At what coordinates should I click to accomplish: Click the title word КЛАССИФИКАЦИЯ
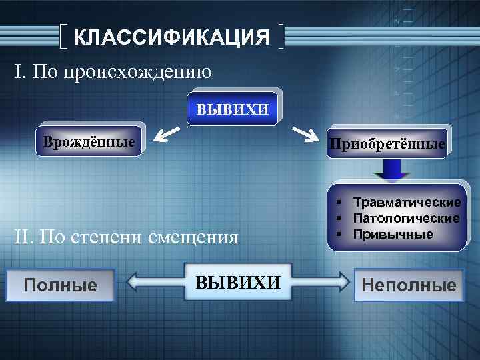[x=171, y=37]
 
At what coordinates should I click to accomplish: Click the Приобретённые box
[x=387, y=144]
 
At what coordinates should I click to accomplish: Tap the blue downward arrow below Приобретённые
[x=391, y=171]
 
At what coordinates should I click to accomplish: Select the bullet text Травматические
[x=407, y=202]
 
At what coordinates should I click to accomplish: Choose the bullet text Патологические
[x=406, y=218]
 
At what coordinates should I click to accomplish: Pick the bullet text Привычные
[x=393, y=234]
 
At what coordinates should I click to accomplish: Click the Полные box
[x=60, y=285]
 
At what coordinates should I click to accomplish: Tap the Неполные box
[x=409, y=285]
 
